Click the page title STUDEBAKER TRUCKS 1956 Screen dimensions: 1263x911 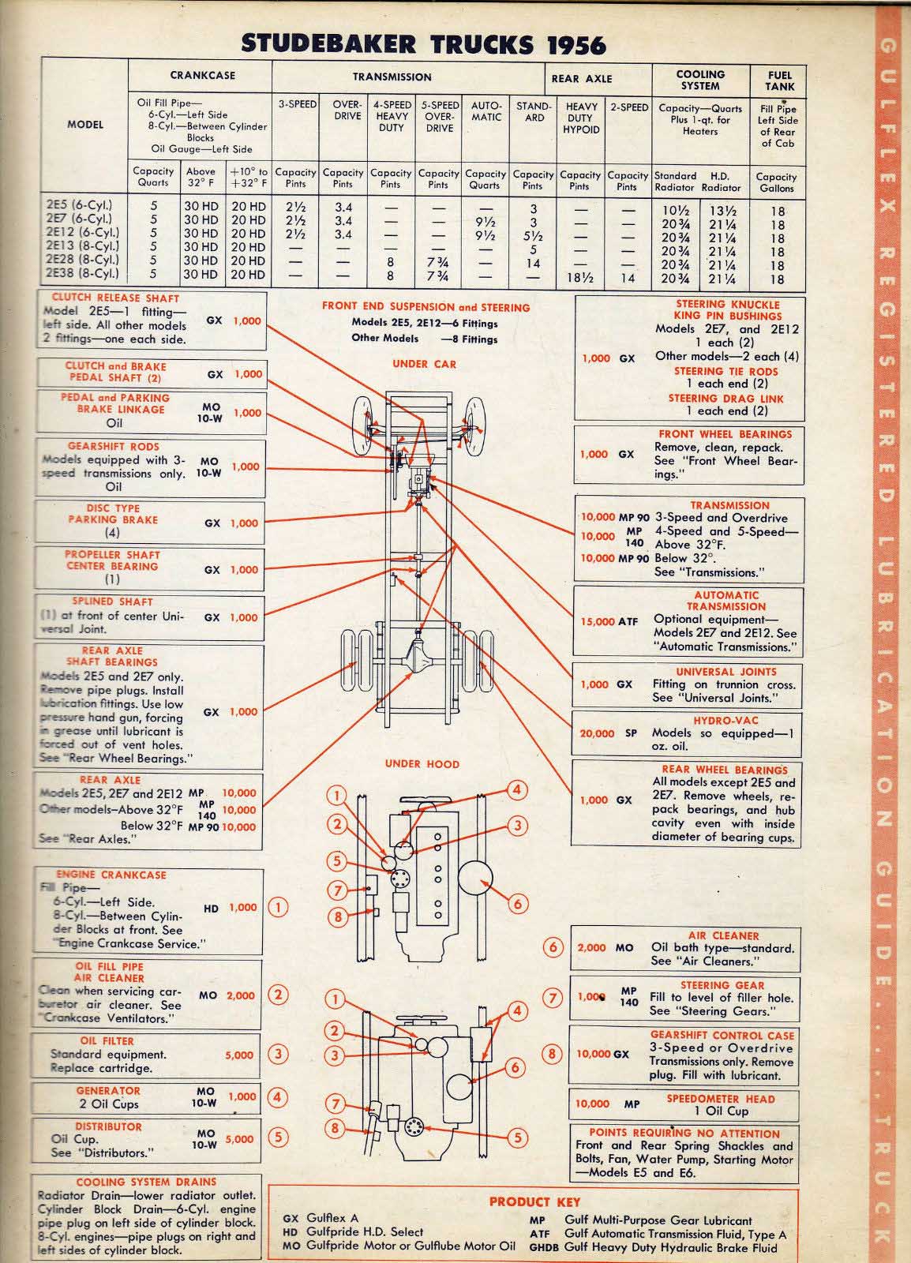[x=423, y=44]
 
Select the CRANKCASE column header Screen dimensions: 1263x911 [x=201, y=76]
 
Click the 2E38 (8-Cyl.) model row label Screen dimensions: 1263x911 [x=83, y=274]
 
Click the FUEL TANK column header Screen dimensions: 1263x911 [x=779, y=81]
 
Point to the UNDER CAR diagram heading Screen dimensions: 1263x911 [x=424, y=364]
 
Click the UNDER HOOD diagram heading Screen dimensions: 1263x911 [x=422, y=763]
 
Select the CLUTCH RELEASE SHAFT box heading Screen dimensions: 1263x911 [x=115, y=298]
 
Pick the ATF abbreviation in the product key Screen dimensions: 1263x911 [x=540, y=1234]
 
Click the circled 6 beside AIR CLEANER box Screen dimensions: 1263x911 [x=554, y=948]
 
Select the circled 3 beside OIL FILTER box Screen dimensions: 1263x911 [x=279, y=1053]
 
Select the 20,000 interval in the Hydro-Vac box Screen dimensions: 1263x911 [x=596, y=733]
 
